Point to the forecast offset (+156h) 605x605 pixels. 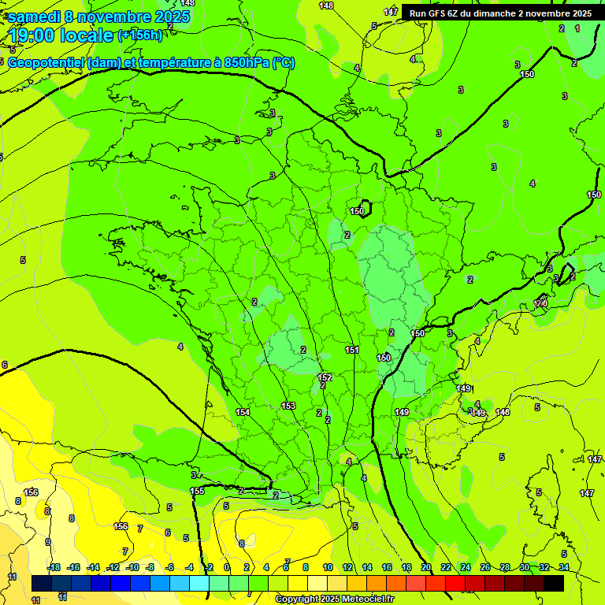(x=139, y=35)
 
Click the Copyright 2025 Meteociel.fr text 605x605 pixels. (x=334, y=599)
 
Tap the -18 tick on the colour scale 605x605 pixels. (x=54, y=567)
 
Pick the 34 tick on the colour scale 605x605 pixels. (x=563, y=567)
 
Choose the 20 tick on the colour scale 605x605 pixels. (x=425, y=567)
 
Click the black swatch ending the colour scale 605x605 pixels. (x=553, y=583)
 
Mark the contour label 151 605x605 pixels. (x=352, y=350)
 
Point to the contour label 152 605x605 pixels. (x=325, y=378)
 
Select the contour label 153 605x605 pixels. (x=288, y=406)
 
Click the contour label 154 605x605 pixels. (x=243, y=412)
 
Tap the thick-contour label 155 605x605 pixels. (x=197, y=491)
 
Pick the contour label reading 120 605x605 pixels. (x=540, y=303)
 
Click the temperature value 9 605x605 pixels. (x=48, y=542)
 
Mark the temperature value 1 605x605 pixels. (x=577, y=28)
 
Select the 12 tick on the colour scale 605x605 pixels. (x=347, y=567)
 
